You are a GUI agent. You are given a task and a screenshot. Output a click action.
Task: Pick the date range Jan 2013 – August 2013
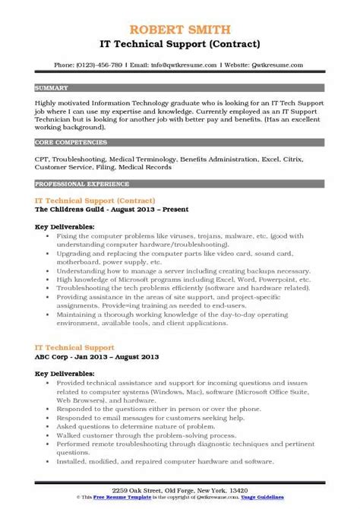point(114,356)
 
